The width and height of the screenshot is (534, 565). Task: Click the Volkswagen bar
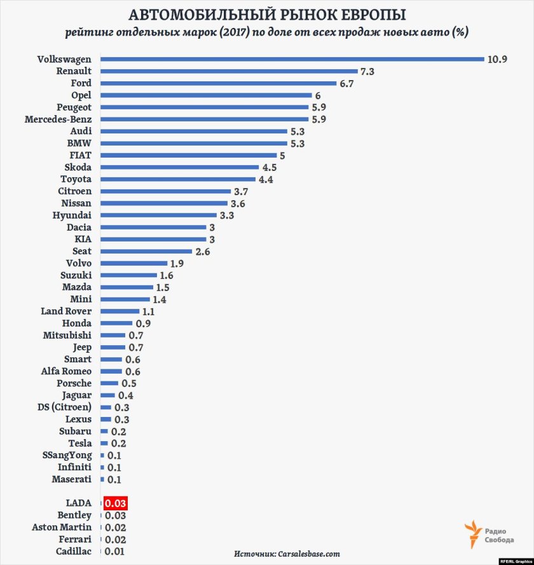tap(292, 59)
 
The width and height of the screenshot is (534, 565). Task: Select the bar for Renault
tap(229, 71)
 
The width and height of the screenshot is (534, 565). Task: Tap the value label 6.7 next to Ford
tap(347, 83)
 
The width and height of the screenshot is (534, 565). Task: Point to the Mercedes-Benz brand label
tap(58, 119)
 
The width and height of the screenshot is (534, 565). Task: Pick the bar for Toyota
tap(178, 179)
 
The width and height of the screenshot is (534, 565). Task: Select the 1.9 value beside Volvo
tap(178, 263)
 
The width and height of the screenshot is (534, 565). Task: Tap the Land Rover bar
tap(120, 311)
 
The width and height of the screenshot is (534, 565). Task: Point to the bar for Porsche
tap(109, 383)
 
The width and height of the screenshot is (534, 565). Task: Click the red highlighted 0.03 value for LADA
tap(116, 503)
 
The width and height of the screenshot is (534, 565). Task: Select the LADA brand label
tap(79, 503)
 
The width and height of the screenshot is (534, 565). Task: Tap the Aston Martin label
tap(62, 527)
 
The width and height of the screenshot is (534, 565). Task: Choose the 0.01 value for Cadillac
tap(114, 551)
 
